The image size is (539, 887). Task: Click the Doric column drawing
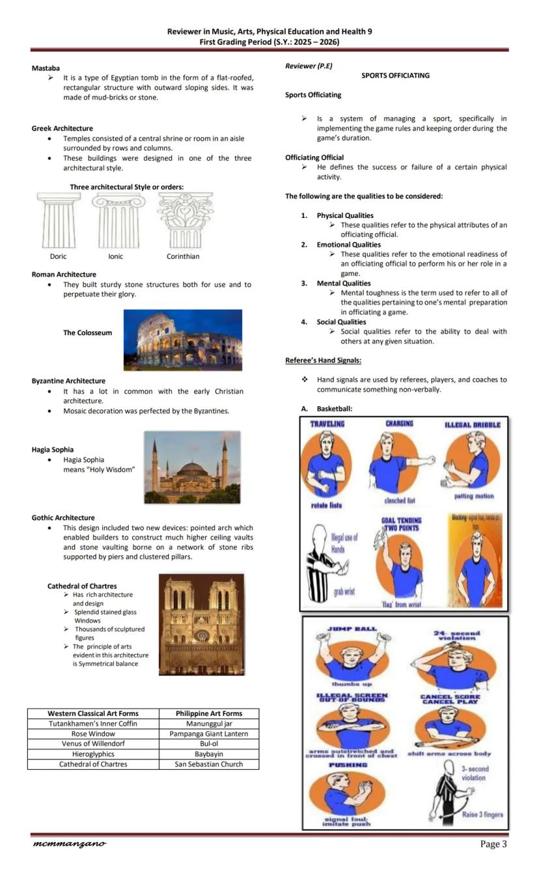[x=59, y=220]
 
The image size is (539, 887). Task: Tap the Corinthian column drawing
[x=185, y=220]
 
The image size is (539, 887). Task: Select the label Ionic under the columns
[x=116, y=256]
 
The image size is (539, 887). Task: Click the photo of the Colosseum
[x=182, y=340]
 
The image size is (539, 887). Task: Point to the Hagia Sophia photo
[x=191, y=467]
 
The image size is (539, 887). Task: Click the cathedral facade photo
[x=201, y=624]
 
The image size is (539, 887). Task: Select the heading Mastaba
[x=46, y=68]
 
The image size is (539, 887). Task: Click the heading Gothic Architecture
[x=63, y=518]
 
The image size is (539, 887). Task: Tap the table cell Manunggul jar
[x=209, y=724]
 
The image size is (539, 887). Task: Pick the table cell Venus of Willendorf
[x=93, y=744]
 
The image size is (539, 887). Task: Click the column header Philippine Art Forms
[x=209, y=713]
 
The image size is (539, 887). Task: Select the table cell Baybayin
[x=209, y=754]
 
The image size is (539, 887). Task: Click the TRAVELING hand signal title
[x=327, y=424]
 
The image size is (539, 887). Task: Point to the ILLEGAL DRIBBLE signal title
[x=473, y=425]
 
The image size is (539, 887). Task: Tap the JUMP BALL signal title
[x=352, y=629]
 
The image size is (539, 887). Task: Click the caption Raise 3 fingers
[x=482, y=814]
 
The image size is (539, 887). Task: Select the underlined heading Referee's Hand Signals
[x=323, y=361]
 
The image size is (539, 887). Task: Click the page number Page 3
[x=493, y=845]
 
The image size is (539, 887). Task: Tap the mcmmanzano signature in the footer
[x=69, y=844]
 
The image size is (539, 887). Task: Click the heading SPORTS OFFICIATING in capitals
[x=395, y=75]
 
